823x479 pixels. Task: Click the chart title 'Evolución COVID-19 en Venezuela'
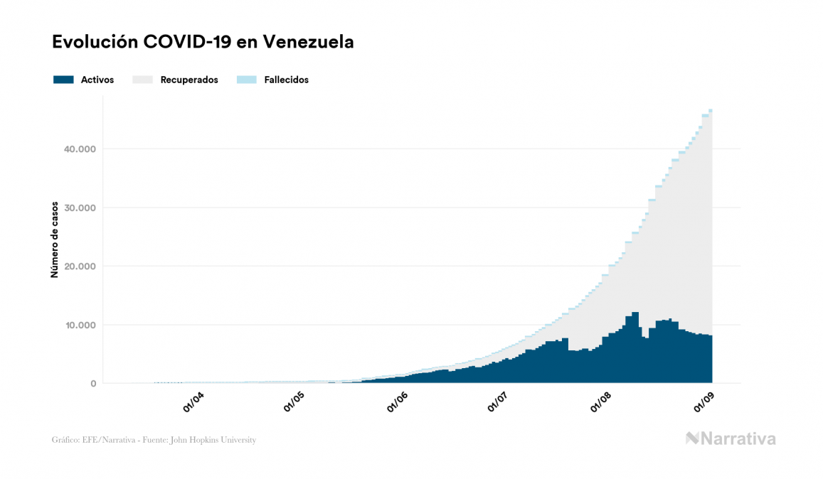(x=203, y=42)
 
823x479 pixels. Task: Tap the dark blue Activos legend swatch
(x=63, y=80)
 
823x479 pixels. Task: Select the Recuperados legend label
(x=189, y=80)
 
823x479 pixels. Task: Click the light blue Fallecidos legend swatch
(x=245, y=80)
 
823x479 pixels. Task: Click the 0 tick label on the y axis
(x=92, y=384)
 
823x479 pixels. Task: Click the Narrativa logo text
(x=738, y=438)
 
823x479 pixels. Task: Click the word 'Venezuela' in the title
(x=308, y=42)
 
